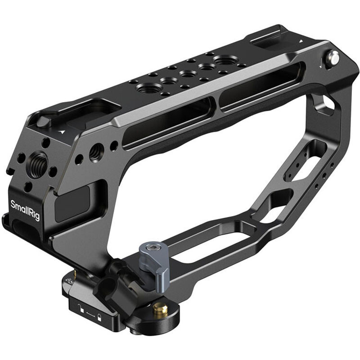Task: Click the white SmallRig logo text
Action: [x=25, y=210]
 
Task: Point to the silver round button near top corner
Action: [x=333, y=57]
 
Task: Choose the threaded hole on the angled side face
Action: [x=96, y=152]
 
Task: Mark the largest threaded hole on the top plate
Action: [x=224, y=60]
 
